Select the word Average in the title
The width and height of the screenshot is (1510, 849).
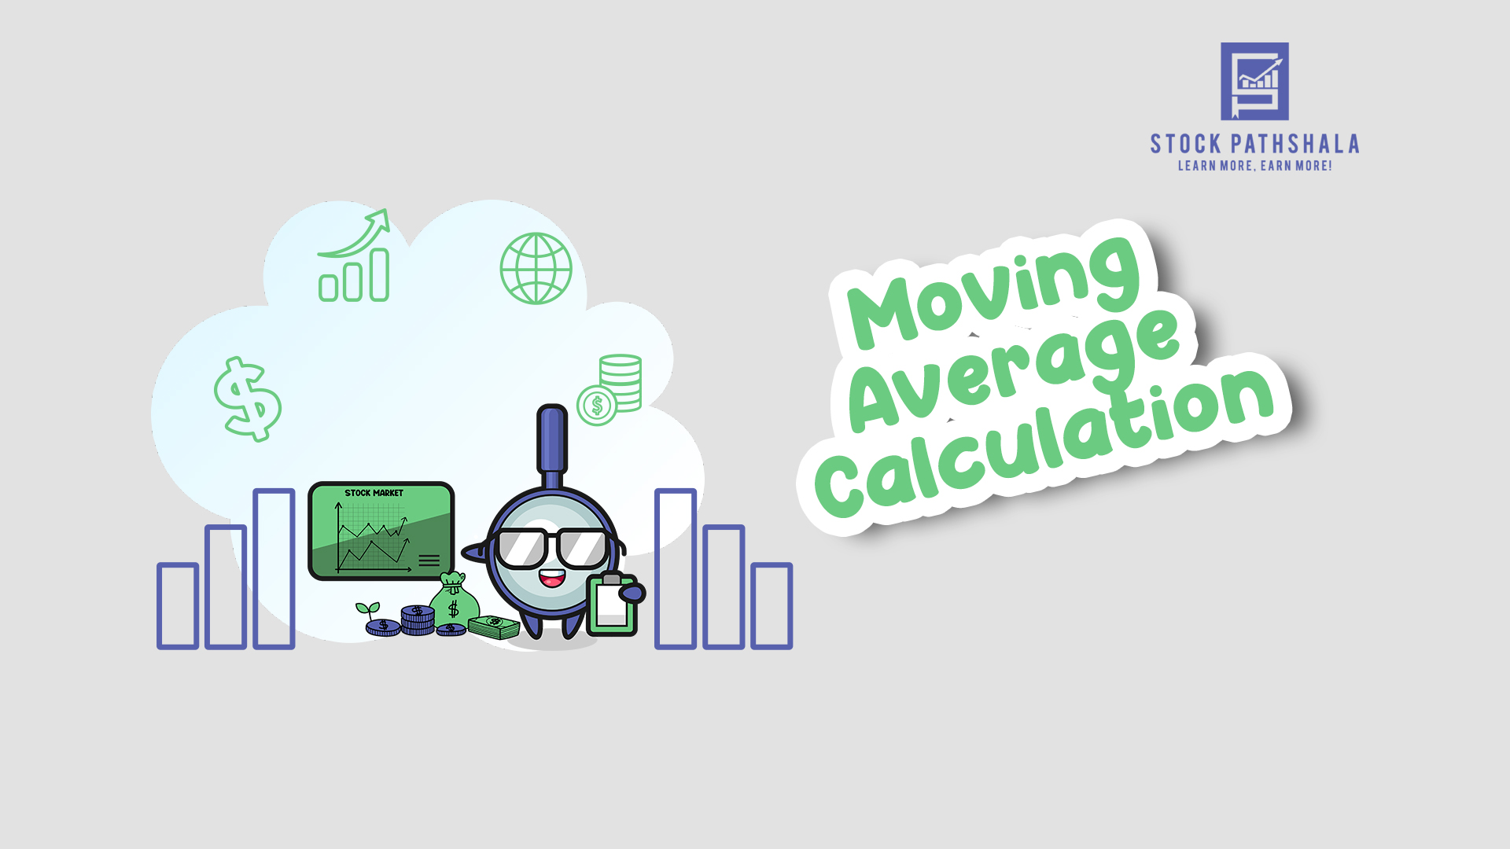[1015, 369]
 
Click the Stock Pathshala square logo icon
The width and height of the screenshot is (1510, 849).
[1254, 81]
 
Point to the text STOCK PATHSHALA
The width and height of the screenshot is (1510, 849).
[1254, 144]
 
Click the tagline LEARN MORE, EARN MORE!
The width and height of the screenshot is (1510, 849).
[1254, 166]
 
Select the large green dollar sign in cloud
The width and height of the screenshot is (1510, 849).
[248, 399]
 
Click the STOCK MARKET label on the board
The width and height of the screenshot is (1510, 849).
[374, 493]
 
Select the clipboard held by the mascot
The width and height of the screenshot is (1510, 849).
[613, 605]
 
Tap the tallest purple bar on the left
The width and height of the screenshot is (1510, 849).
[274, 569]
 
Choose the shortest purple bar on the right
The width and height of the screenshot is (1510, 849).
[772, 606]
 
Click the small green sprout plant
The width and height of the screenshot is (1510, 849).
[367, 611]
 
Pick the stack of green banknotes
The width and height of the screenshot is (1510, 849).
[495, 627]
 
